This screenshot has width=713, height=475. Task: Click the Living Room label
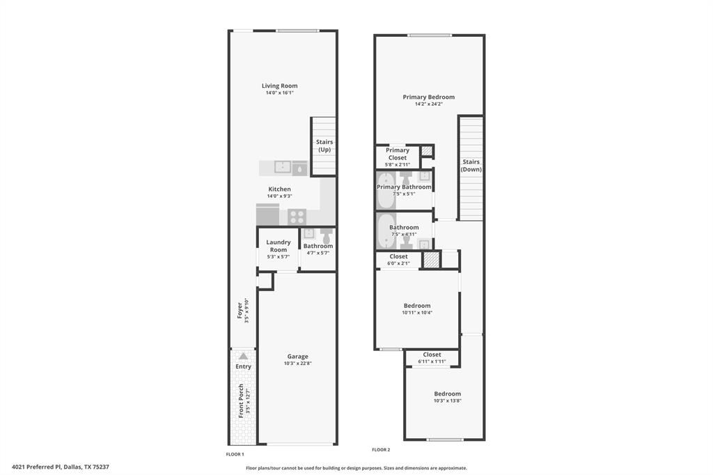pos(279,86)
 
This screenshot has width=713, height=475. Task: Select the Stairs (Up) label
pos(324,146)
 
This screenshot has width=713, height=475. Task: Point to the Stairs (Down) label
pos(471,165)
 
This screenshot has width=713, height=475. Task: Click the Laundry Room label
pos(279,246)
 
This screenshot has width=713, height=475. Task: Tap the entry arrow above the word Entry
pos(243,356)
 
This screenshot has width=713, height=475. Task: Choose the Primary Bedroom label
pos(428,97)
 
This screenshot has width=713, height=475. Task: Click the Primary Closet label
pos(398,154)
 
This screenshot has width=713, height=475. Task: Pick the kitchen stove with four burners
pos(297,216)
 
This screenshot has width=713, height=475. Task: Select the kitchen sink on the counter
pos(283,167)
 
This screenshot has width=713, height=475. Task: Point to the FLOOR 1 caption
pos(235,454)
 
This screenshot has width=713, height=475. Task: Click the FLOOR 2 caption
pos(381,450)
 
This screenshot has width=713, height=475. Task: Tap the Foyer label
pos(240,310)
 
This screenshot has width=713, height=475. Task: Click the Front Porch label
pos(241,400)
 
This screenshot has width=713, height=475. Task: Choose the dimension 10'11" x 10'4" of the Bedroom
pos(416,313)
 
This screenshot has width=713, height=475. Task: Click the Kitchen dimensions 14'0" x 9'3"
pos(279,196)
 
